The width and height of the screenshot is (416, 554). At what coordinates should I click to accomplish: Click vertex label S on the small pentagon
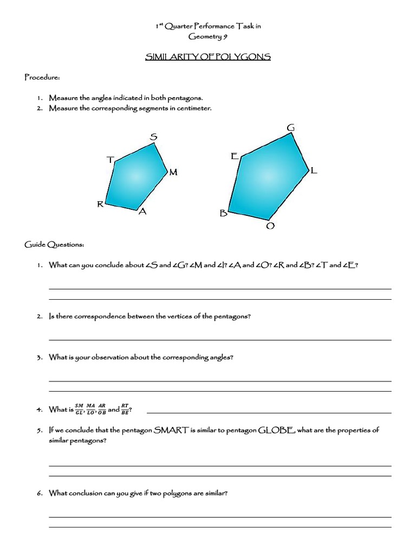click(153, 137)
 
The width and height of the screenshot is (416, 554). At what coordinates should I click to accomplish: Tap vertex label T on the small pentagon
click(110, 160)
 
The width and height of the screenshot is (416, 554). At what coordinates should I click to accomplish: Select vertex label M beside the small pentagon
click(173, 173)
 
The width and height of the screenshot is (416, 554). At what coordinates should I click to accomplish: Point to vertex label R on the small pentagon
click(100, 204)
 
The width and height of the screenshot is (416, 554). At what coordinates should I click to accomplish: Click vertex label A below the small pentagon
click(142, 212)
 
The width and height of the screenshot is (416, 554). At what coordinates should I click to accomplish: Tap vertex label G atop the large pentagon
click(291, 128)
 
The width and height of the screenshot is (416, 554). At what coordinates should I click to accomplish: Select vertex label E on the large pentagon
click(235, 156)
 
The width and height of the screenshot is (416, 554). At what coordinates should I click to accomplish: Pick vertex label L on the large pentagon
click(314, 170)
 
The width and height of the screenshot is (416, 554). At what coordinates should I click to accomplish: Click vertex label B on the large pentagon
click(223, 214)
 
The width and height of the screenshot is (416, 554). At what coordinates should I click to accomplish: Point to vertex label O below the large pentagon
click(270, 226)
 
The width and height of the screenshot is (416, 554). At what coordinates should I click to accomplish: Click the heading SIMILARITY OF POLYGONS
click(208, 57)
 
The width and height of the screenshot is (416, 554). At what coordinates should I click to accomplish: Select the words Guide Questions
click(54, 245)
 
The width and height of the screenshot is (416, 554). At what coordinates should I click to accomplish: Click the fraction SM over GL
click(79, 409)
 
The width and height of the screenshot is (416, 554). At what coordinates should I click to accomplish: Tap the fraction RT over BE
click(125, 409)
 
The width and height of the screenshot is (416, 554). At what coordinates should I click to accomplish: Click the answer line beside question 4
click(269, 412)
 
